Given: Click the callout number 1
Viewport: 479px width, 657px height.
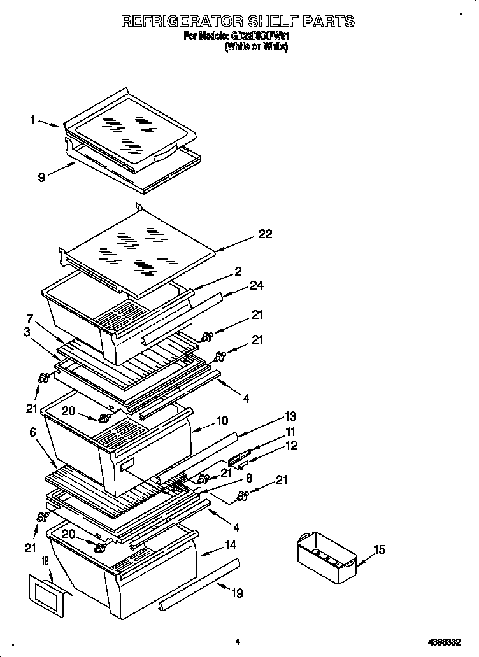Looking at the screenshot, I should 32,119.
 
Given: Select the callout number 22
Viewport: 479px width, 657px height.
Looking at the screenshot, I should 265,234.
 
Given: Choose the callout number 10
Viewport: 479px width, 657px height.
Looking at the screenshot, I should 222,420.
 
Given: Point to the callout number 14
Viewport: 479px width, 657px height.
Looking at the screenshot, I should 229,546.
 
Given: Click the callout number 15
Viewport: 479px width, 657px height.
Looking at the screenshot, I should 379,549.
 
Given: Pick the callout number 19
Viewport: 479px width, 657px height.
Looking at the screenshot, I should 237,593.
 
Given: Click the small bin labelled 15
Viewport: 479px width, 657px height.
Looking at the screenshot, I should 325,558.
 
